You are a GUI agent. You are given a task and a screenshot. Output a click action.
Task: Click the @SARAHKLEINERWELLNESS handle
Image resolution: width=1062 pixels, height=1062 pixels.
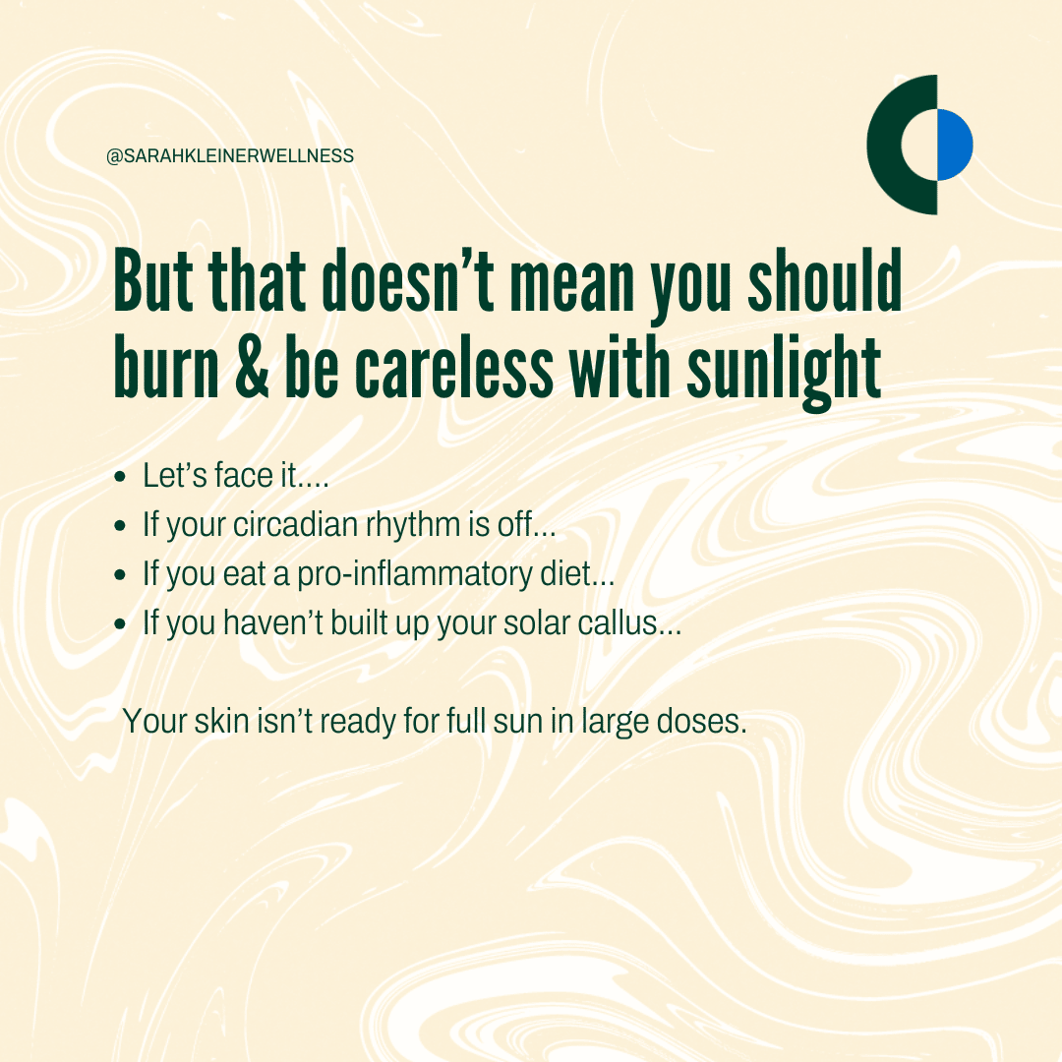(x=230, y=155)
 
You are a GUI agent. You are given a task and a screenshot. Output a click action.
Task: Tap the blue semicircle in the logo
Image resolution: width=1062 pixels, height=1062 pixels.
(x=955, y=145)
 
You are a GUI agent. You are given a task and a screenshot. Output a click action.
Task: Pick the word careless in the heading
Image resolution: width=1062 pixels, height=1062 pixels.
(x=454, y=369)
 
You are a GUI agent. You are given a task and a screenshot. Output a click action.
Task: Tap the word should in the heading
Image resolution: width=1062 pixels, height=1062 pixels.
(x=825, y=280)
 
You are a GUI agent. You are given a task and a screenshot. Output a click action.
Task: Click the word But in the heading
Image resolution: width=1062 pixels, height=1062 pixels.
(x=153, y=280)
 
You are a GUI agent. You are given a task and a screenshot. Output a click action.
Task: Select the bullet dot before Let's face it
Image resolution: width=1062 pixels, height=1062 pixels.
(x=121, y=477)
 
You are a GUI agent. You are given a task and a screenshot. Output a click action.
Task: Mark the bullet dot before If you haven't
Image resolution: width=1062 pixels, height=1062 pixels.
(x=121, y=623)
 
